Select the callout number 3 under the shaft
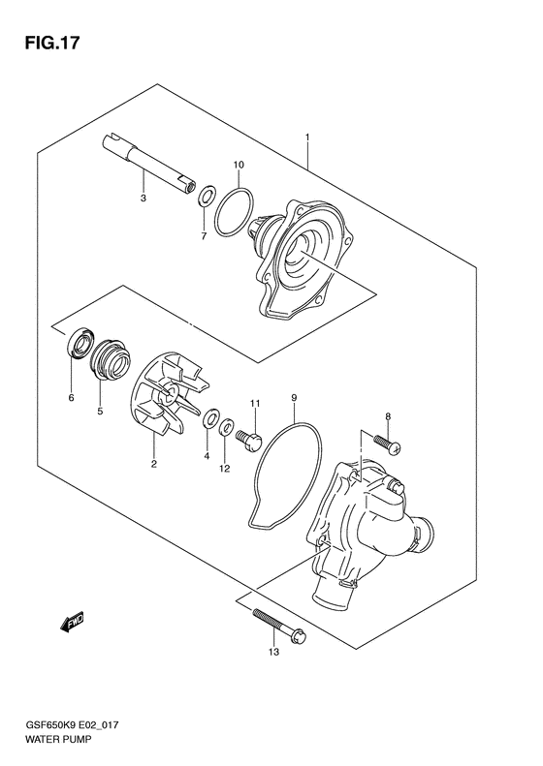[x=143, y=199]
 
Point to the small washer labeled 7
[x=207, y=198]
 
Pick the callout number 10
[x=238, y=166]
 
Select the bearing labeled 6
[x=77, y=345]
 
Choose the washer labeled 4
[x=208, y=420]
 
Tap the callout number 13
[x=273, y=653]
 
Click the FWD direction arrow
[x=74, y=625]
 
